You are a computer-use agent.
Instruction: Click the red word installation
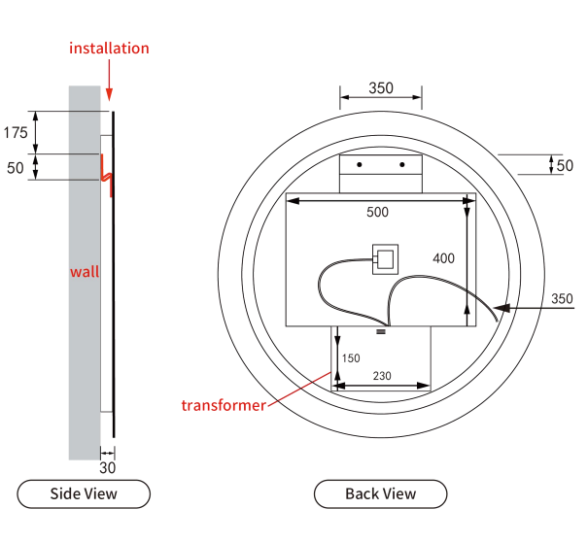click(109, 48)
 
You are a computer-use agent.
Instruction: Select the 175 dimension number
click(16, 132)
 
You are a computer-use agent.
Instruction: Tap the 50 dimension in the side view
click(16, 167)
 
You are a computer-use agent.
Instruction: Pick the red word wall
click(85, 272)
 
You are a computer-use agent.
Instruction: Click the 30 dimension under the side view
click(108, 467)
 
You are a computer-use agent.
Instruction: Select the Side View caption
click(84, 493)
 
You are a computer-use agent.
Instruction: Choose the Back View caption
click(381, 493)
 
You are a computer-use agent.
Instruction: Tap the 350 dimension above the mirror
click(381, 88)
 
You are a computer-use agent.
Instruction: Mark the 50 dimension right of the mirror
click(565, 165)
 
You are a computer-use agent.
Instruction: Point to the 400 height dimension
click(443, 258)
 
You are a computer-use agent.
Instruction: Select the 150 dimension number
click(352, 358)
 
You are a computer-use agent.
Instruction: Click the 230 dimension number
click(381, 375)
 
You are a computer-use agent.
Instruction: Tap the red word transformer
click(223, 405)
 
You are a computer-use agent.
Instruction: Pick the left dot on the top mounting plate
click(360, 164)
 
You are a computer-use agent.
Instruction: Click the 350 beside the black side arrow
click(562, 298)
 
